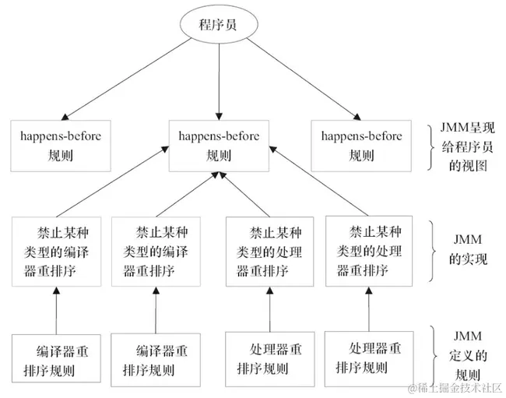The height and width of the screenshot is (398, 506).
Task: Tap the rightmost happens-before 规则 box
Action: (x=360, y=145)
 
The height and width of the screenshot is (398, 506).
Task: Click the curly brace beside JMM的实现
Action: (x=435, y=250)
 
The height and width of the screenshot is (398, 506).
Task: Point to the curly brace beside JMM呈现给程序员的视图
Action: (x=435, y=146)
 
